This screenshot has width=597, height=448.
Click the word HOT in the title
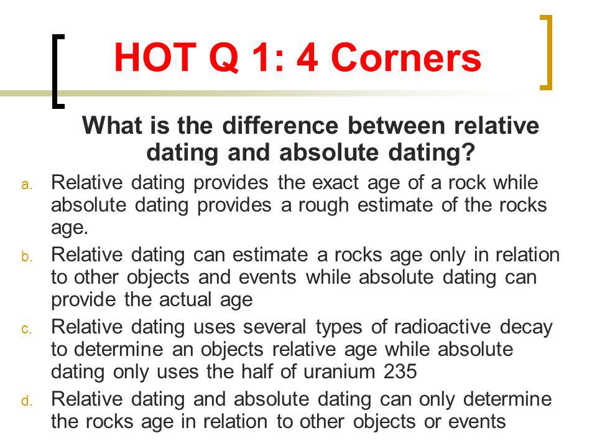pyautogui.click(x=155, y=57)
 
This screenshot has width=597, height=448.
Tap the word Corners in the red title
pyautogui.click(x=406, y=57)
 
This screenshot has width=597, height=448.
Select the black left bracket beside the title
pyautogui.click(x=58, y=72)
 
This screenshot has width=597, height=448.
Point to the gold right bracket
pyautogui.click(x=546, y=52)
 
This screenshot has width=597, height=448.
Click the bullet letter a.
pyautogui.click(x=26, y=185)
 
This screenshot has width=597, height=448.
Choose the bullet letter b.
pyautogui.click(x=26, y=256)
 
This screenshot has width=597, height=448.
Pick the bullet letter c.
pyautogui.click(x=26, y=329)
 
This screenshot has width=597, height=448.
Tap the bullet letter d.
pyautogui.click(x=26, y=401)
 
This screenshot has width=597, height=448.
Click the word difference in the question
pyautogui.click(x=280, y=125)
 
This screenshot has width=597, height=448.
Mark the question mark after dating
pyautogui.click(x=469, y=152)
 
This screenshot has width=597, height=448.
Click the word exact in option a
pyautogui.click(x=335, y=183)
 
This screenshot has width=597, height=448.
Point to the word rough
pyautogui.click(x=323, y=206)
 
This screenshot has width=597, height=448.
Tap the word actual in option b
pyautogui.click(x=185, y=300)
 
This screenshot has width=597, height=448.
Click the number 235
pyautogui.click(x=400, y=372)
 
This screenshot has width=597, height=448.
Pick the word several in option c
pyautogui.click(x=274, y=327)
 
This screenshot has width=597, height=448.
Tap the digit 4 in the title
pyautogui.click(x=307, y=57)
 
